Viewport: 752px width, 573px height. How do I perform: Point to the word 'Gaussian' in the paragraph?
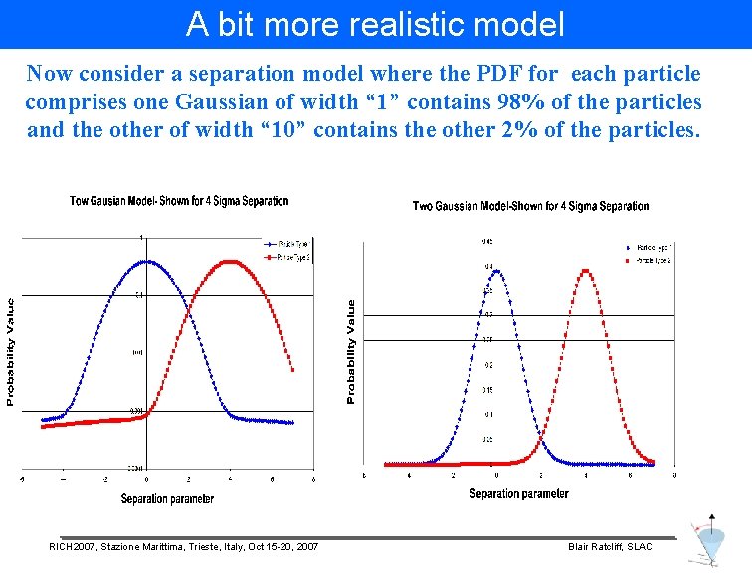tap(244, 101)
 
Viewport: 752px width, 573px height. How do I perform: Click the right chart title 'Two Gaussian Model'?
tap(530, 206)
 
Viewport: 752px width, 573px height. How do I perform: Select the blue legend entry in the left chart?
tap(287, 244)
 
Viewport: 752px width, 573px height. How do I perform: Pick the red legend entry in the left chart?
tap(287, 257)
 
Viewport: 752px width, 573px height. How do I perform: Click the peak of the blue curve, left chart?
tap(147, 261)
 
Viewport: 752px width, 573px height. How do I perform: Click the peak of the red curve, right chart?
tap(586, 270)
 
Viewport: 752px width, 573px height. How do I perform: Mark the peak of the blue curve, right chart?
tap(495, 270)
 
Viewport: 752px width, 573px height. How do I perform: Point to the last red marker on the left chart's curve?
tap(292, 371)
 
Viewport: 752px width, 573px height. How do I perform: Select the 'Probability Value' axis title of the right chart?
tap(350, 353)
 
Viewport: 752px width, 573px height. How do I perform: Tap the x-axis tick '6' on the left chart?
tap(273, 479)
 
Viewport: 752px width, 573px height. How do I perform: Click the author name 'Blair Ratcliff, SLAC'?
tap(610, 547)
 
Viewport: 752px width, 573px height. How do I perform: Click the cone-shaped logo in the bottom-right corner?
tap(710, 542)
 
